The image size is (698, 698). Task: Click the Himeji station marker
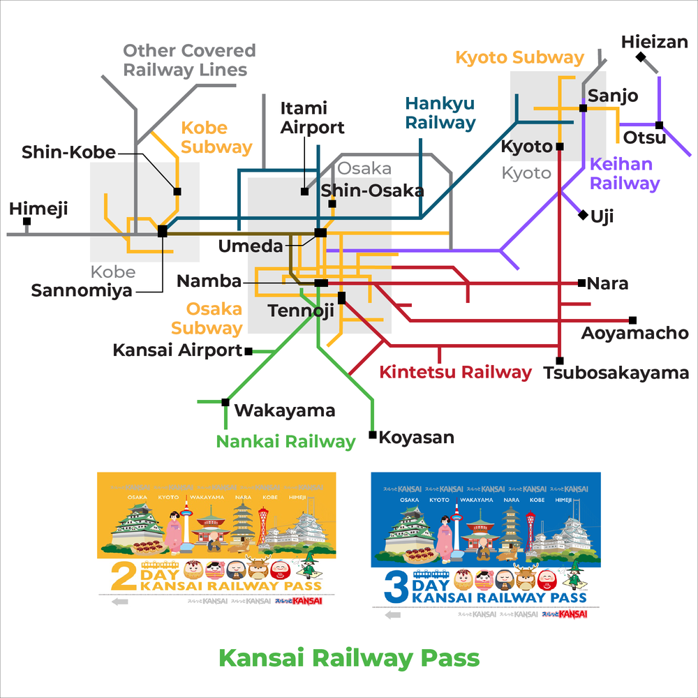pyautogui.click(x=27, y=221)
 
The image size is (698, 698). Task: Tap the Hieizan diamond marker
pyautogui.click(x=641, y=57)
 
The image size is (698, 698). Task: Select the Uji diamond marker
pyautogui.click(x=583, y=215)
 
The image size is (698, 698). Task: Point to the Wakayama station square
pyautogui.click(x=225, y=402)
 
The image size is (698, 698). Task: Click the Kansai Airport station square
pyautogui.click(x=248, y=351)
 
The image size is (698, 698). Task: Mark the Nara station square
pyautogui.click(x=581, y=283)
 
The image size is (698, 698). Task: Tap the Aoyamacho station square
pyautogui.click(x=632, y=320)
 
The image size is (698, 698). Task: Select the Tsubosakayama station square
pyautogui.click(x=559, y=360)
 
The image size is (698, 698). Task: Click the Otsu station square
pyautogui.click(x=659, y=126)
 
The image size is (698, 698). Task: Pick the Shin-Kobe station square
pyautogui.click(x=177, y=191)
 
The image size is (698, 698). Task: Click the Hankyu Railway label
pyautogui.click(x=440, y=113)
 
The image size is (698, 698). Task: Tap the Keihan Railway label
pyautogui.click(x=624, y=174)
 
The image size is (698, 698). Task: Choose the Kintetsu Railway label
pyautogui.click(x=455, y=372)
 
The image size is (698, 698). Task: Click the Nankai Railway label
pyautogui.click(x=285, y=441)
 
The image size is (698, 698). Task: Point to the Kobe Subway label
pyautogui.click(x=216, y=138)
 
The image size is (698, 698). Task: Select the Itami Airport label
pyautogui.click(x=312, y=118)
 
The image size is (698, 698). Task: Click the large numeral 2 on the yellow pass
pyautogui.click(x=124, y=578)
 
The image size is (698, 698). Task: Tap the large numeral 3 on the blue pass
pyautogui.click(x=396, y=587)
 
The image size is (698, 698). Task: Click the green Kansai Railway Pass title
pyautogui.click(x=349, y=658)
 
